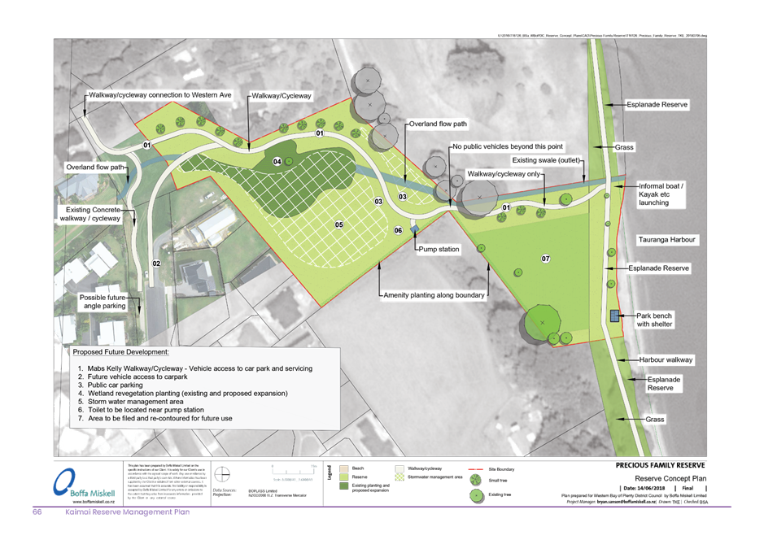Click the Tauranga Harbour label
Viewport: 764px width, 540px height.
pos(669,240)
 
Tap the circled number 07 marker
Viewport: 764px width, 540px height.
pos(546,259)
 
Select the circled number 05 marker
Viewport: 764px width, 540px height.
pos(338,224)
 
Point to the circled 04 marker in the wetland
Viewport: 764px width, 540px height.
pos(277,162)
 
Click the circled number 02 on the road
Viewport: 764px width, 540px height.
pos(157,263)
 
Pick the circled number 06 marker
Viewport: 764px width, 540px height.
pos(398,231)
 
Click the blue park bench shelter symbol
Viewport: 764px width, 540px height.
pos(614,316)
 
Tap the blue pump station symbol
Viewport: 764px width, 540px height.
pos(414,230)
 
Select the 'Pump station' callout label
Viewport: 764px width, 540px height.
pos(439,249)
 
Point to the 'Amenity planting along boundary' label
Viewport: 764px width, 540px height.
pos(434,294)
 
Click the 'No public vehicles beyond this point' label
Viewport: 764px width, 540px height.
pos(496,147)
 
